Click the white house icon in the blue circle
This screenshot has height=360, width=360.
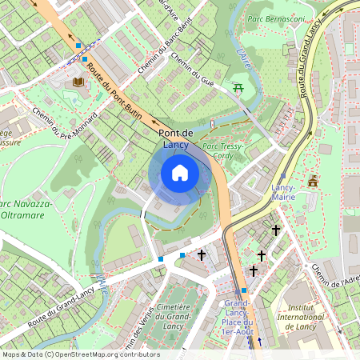point(180,173)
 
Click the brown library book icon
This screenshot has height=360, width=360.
point(78,82)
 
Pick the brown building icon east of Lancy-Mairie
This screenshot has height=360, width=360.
point(313,181)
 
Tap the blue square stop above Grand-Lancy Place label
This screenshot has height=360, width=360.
point(244,290)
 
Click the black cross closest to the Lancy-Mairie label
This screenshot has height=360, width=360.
point(276,230)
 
